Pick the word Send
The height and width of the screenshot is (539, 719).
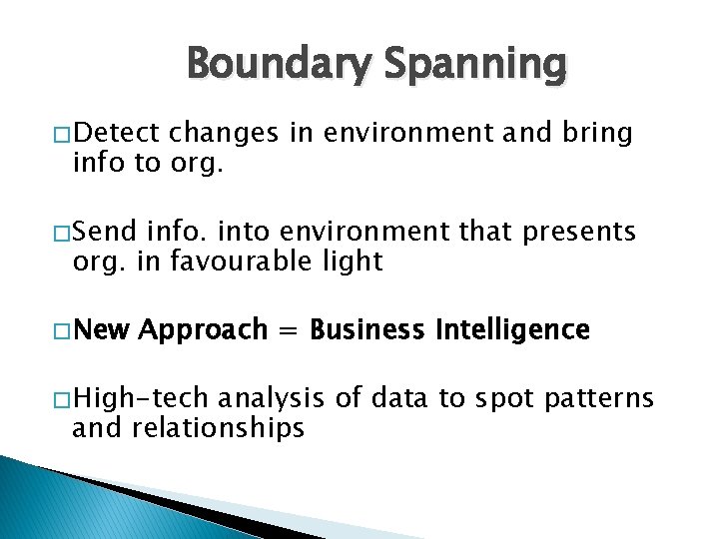click(x=105, y=233)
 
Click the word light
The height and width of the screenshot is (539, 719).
click(x=350, y=262)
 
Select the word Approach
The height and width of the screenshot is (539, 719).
click(x=204, y=330)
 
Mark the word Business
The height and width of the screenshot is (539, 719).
click(x=366, y=330)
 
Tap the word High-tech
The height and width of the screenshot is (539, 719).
click(x=140, y=400)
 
